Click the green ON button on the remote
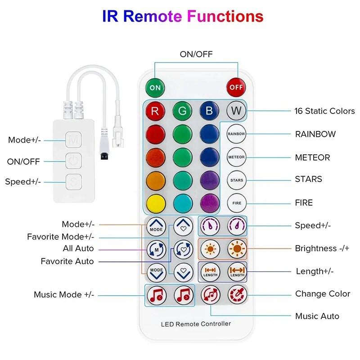[155, 87]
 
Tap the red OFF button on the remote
[236, 87]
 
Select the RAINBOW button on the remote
[236, 134]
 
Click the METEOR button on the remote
[236, 157]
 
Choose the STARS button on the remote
[236, 180]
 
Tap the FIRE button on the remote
[236, 203]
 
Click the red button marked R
[155, 111]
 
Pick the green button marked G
[182, 111]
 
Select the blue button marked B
[209, 111]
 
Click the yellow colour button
[155, 203]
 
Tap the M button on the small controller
[73, 140]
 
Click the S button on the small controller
[73, 182]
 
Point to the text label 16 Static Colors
[324, 111]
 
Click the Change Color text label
[322, 294]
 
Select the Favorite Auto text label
[67, 261]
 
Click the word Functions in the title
[225, 17]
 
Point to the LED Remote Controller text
[196, 324]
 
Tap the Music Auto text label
[317, 316]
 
